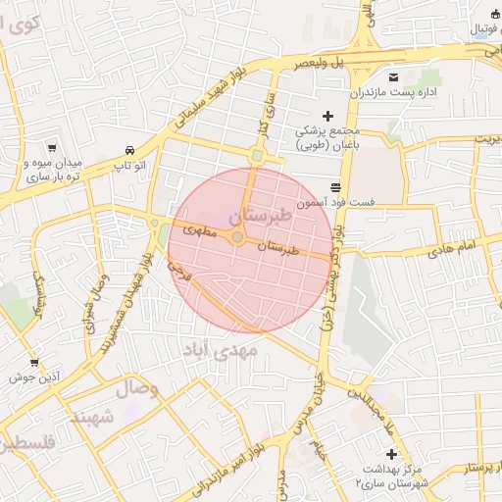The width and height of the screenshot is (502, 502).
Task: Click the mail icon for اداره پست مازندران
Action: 394,77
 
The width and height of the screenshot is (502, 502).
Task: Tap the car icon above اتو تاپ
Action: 130,150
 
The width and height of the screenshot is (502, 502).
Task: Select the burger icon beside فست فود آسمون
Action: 336,186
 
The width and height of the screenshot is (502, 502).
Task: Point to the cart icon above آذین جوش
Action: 35,363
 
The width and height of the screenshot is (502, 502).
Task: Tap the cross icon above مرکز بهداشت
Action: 392,454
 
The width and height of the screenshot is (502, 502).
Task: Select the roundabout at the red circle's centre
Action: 237,236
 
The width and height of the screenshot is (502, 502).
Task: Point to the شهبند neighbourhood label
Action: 91,418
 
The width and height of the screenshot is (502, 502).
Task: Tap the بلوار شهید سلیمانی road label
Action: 204,105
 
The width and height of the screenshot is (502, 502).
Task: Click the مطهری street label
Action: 199,232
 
